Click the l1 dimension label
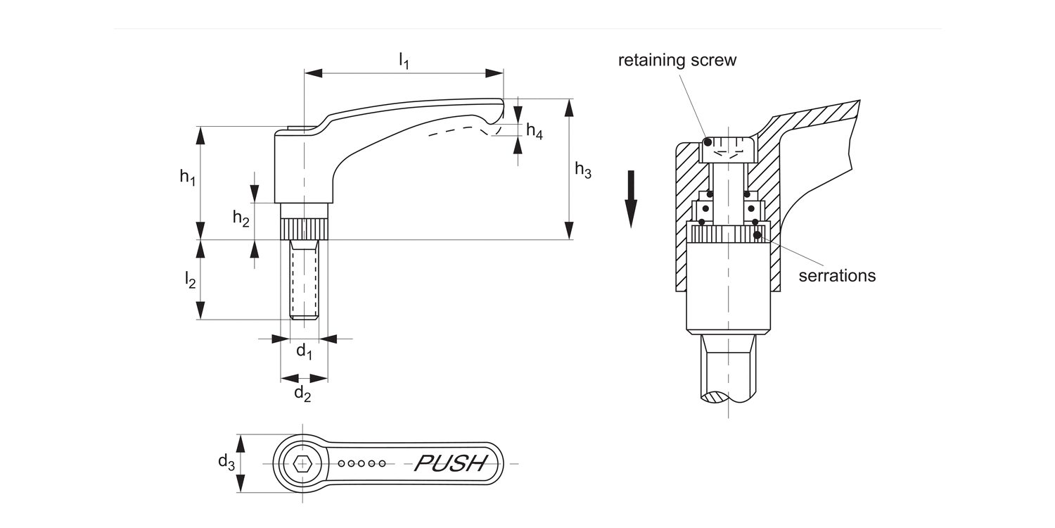[x=404, y=61]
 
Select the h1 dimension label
[x=186, y=177]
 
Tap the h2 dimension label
[x=241, y=219]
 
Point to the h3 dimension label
[x=583, y=170]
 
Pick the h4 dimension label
[x=535, y=132]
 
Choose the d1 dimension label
[x=303, y=351]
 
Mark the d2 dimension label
[x=302, y=394]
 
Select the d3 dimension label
[x=226, y=463]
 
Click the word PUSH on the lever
[x=451, y=463]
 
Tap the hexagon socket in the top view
[x=303, y=463]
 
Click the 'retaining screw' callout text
[x=677, y=60]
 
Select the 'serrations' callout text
[x=837, y=275]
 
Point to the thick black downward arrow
[x=631, y=199]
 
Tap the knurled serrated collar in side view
[x=305, y=230]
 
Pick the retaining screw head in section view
[x=729, y=149]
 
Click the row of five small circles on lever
[x=362, y=463]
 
